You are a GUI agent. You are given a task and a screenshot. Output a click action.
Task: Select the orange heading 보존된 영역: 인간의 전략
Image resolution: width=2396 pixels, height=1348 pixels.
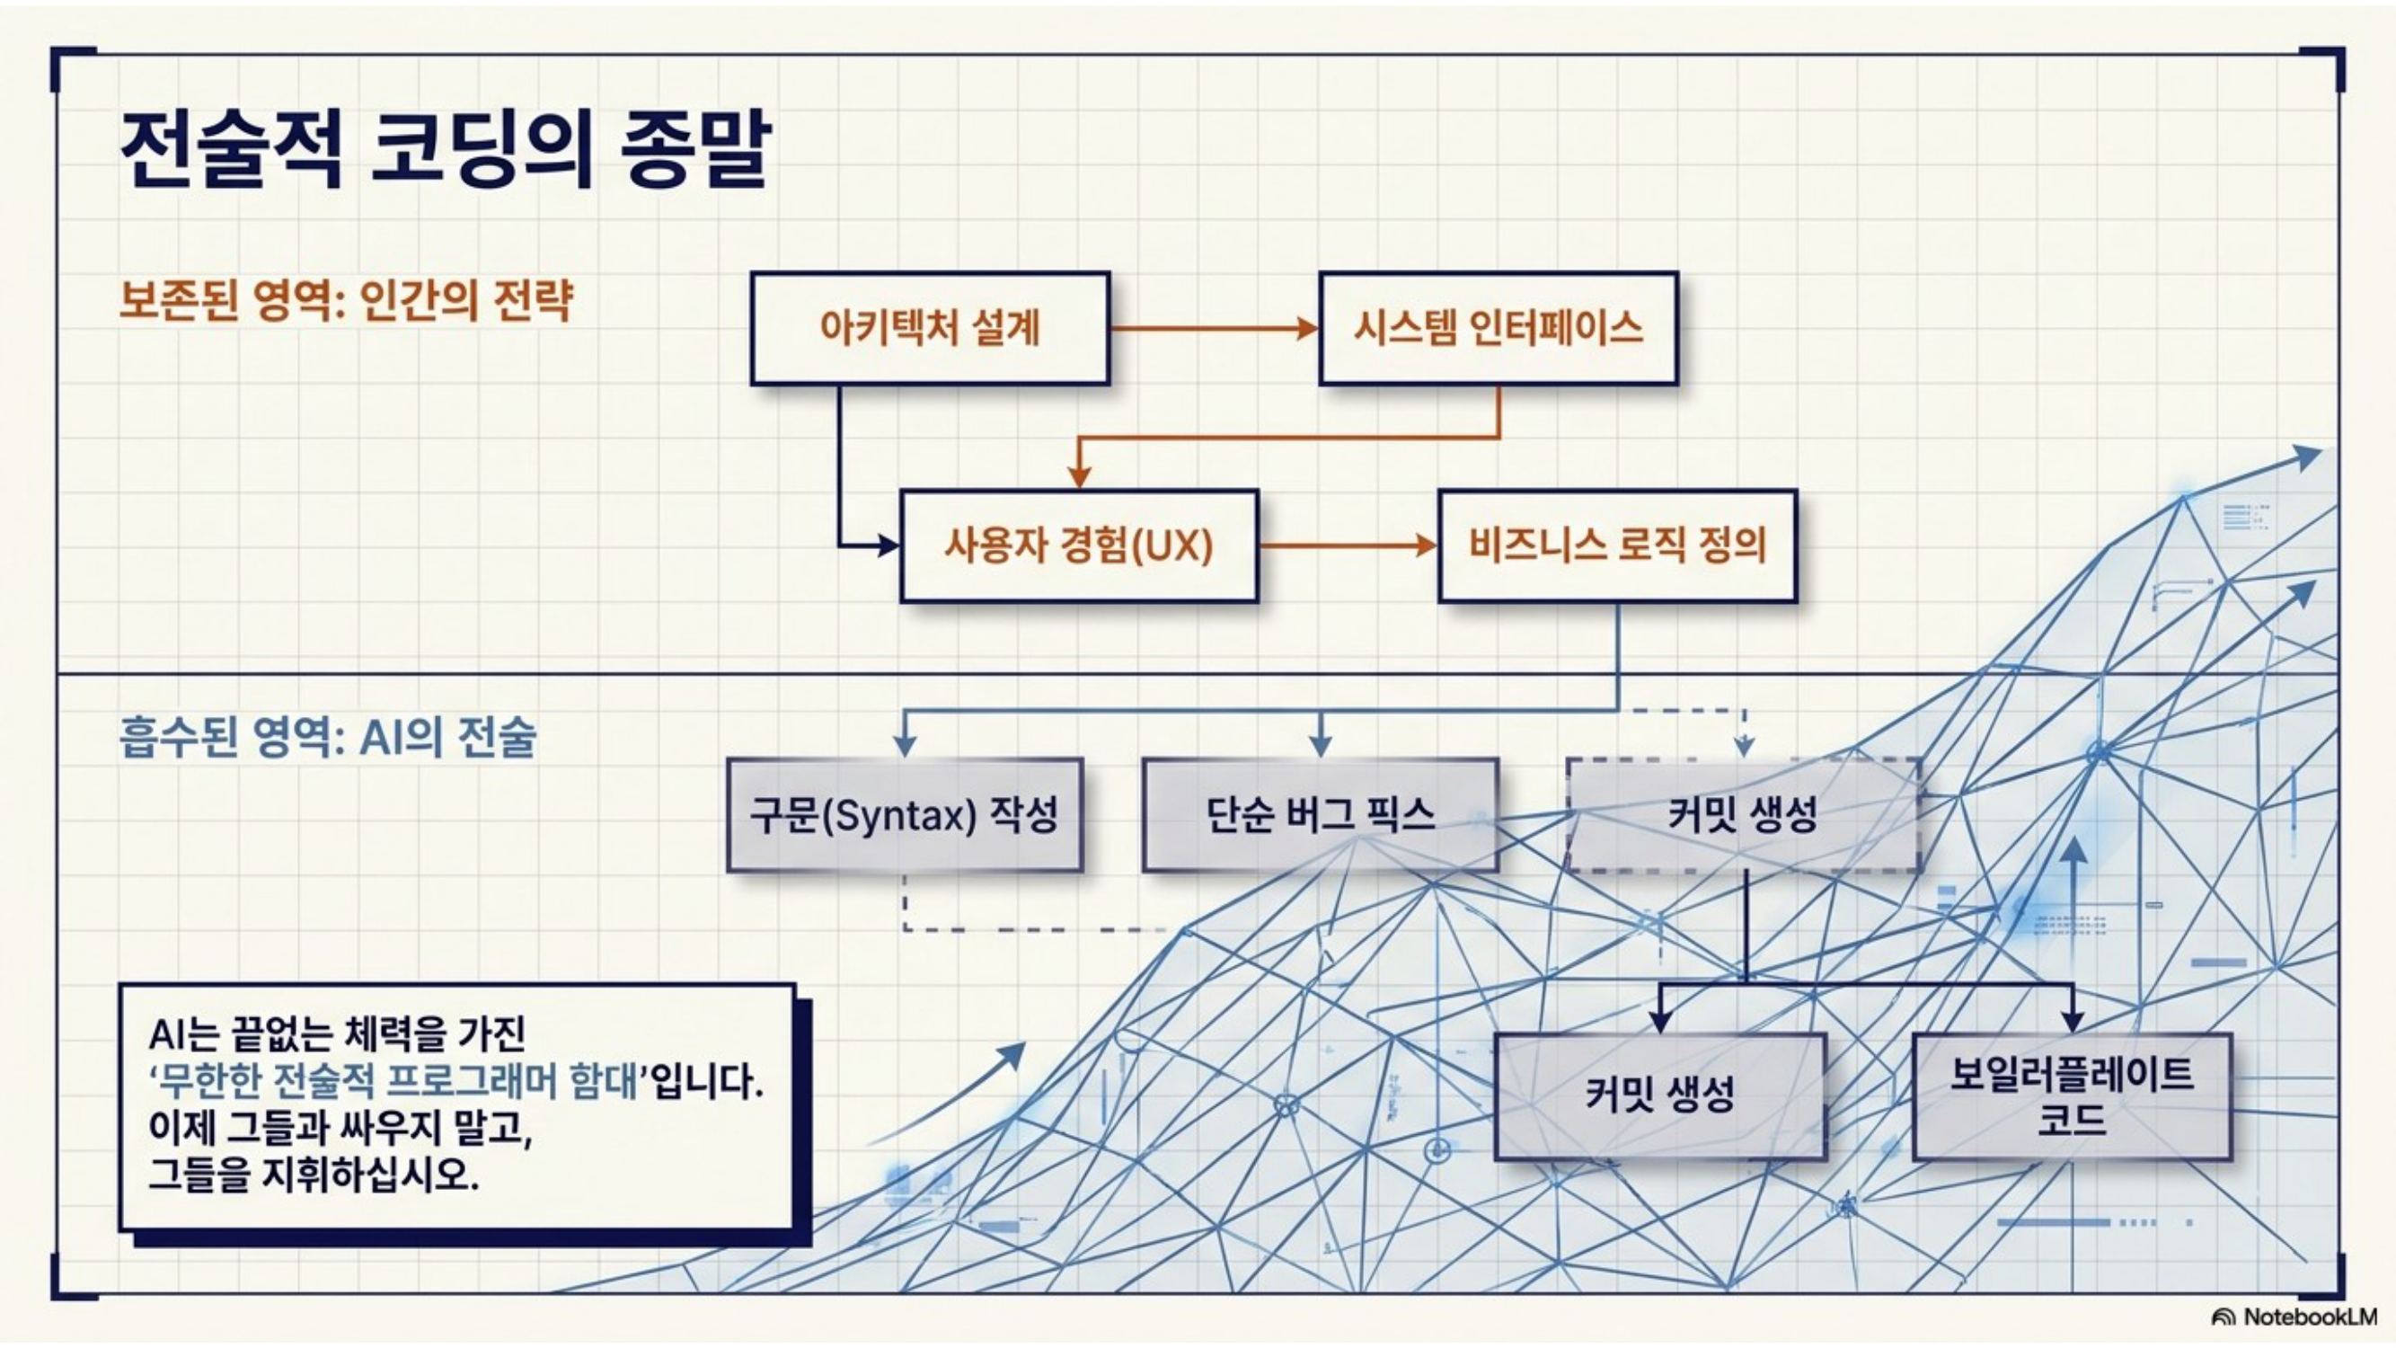point(346,299)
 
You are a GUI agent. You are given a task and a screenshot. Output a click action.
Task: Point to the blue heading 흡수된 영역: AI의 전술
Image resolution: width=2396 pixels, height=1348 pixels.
point(328,738)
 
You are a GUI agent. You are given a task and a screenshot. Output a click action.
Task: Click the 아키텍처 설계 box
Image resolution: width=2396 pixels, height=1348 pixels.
point(930,328)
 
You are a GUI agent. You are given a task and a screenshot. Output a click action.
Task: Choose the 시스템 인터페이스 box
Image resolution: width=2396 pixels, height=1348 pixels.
point(1499,328)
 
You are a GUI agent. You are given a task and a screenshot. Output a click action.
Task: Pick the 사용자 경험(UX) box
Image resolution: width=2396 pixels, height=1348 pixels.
point(1079,546)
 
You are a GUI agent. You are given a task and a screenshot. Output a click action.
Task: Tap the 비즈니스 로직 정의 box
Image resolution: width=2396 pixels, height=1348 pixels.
point(1617,546)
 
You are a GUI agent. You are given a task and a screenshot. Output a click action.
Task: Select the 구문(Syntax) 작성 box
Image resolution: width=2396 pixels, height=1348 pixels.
point(905,816)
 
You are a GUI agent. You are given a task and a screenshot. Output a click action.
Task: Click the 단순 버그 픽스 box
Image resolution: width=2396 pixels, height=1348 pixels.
point(1321,816)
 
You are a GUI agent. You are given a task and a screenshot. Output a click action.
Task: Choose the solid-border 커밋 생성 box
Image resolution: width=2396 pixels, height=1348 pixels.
point(1660,1095)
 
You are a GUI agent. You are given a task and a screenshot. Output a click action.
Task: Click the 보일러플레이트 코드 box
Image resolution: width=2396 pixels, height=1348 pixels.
point(2073,1095)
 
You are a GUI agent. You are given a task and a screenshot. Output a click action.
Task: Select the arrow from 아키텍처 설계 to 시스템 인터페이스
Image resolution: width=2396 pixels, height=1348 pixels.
point(1215,328)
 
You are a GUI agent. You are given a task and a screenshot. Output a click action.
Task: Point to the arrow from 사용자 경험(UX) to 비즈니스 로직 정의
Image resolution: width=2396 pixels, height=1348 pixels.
point(1348,546)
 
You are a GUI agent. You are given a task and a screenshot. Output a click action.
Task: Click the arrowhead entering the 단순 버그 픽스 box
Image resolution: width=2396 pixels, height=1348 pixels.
point(1321,746)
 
